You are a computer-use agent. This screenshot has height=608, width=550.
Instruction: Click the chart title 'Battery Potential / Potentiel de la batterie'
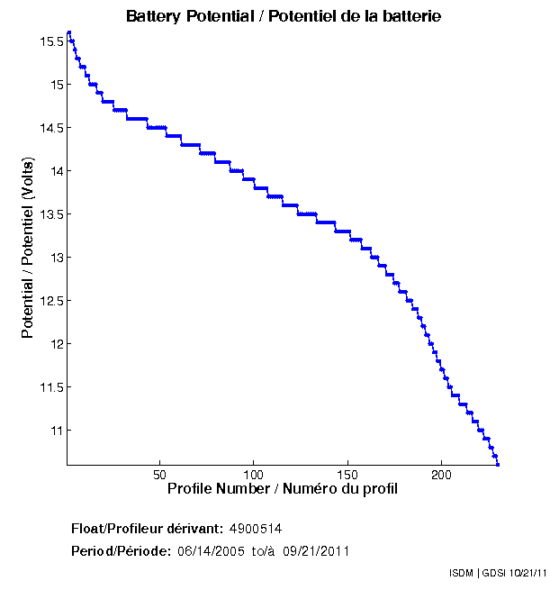(x=284, y=16)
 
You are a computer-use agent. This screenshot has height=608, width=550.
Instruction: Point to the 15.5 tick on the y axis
(x=50, y=41)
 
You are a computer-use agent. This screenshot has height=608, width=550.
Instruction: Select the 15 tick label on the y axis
(x=55, y=85)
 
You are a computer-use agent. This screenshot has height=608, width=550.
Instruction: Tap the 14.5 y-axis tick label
(x=50, y=128)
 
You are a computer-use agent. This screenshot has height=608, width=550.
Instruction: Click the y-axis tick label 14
(x=55, y=171)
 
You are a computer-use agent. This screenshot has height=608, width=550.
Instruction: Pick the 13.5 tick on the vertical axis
(x=50, y=214)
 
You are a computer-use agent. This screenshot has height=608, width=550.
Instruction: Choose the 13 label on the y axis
(x=55, y=258)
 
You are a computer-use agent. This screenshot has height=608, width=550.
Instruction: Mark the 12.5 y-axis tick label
(x=50, y=301)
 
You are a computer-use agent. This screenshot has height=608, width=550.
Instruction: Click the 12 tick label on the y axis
(x=55, y=344)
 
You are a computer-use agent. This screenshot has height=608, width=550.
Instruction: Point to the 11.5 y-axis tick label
(x=50, y=387)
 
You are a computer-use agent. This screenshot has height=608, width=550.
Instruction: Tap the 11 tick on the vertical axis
(x=55, y=431)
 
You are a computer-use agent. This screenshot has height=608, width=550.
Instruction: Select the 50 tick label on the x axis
(x=160, y=475)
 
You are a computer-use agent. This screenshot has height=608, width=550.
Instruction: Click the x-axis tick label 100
(x=254, y=475)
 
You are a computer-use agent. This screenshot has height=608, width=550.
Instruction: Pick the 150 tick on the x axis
(x=347, y=475)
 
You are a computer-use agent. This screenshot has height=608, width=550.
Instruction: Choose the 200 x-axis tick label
(x=441, y=475)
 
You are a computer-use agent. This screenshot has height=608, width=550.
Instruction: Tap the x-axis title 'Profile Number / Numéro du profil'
(x=283, y=489)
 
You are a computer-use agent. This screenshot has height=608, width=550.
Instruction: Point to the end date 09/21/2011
(x=316, y=550)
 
